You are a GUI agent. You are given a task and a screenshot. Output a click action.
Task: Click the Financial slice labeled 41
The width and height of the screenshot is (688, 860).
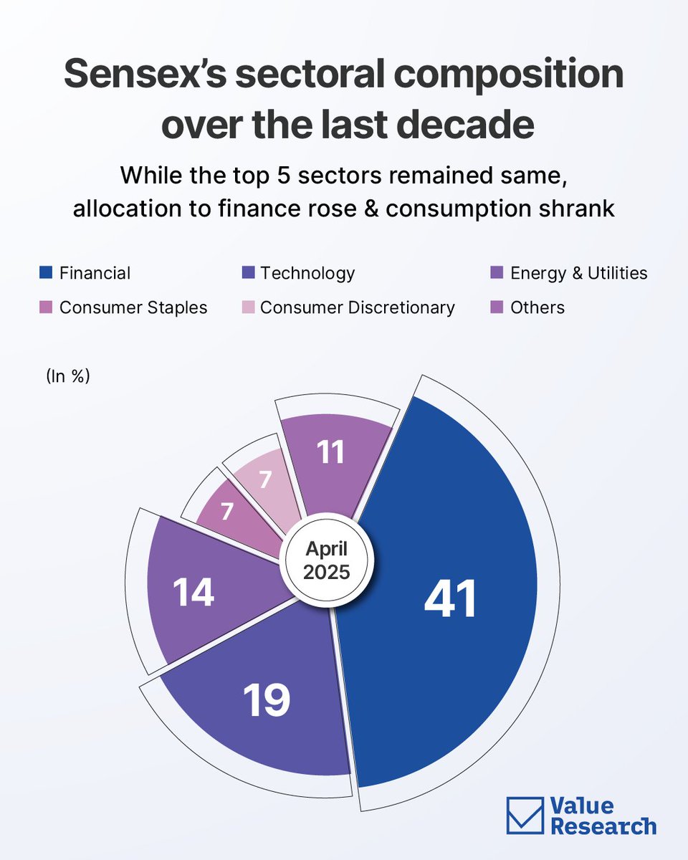click(x=459, y=545)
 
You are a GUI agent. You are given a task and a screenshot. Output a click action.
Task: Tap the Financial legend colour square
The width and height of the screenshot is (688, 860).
click(x=46, y=273)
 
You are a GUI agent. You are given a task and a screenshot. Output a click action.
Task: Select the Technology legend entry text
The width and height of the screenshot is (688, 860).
click(x=307, y=273)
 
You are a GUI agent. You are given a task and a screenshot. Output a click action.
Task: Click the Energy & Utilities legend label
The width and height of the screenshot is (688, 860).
click(x=578, y=273)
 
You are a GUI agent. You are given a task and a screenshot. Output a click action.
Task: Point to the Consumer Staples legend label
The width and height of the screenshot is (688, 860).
click(x=133, y=308)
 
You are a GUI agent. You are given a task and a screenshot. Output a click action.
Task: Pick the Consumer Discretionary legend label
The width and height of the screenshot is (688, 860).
click(x=358, y=308)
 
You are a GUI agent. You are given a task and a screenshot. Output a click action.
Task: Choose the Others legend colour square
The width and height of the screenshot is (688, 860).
click(x=497, y=308)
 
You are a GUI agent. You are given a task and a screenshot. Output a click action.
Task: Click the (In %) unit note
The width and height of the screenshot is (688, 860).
click(x=67, y=376)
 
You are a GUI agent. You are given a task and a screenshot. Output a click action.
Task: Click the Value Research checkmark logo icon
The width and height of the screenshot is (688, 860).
click(x=525, y=816)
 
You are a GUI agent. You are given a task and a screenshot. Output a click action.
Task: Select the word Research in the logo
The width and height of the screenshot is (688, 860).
click(x=603, y=826)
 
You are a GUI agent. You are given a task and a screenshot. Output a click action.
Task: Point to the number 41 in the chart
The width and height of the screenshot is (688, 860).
click(x=450, y=599)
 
